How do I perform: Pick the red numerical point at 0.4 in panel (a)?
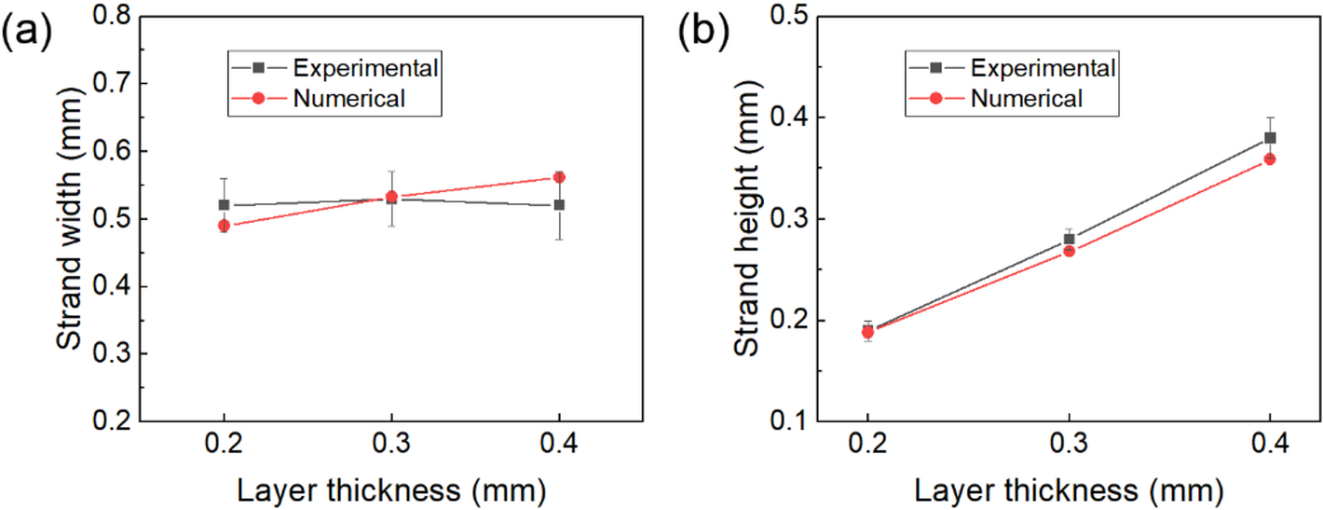[559, 177]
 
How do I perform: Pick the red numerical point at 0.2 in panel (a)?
[224, 226]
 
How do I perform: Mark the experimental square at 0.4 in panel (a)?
[559, 205]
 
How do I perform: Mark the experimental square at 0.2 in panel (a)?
[224, 205]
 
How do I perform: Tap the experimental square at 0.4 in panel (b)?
[1270, 138]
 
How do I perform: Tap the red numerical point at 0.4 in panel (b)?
[1270, 159]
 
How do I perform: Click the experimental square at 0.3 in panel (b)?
[1069, 240]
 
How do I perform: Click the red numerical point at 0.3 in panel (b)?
[1069, 251]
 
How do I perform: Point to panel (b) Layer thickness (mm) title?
[1069, 489]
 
